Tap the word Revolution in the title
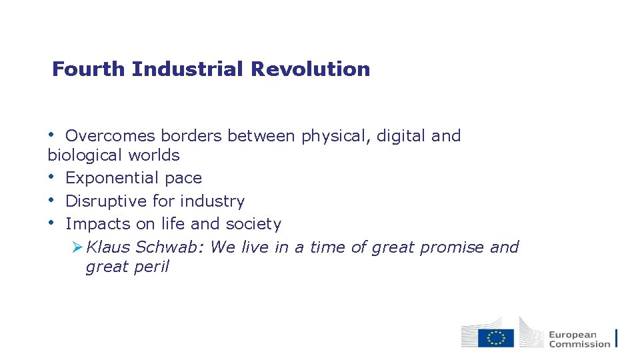tap(310, 69)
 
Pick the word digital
tap(401, 136)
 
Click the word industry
tap(213, 201)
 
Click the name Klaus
tap(108, 247)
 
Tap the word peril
tap(152, 267)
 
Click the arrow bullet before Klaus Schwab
tap(77, 247)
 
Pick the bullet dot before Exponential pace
tap(52, 178)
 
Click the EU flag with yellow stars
tap(496, 338)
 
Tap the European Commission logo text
tap(579, 339)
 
